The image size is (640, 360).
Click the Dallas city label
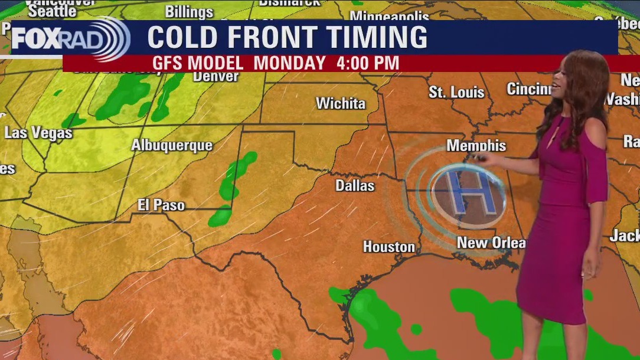coord(355,185)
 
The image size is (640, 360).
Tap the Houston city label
coord(388,247)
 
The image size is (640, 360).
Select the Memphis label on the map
coord(476,145)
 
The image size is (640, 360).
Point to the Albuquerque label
coord(172,145)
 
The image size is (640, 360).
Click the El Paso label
coord(161,205)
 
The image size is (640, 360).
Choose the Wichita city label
coord(341,103)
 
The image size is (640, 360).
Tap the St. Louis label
coord(456,92)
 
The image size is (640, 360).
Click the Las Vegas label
coord(38,133)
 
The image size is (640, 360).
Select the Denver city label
coord(215,76)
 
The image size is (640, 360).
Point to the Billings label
coord(189,11)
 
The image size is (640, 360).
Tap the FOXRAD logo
coord(70,39)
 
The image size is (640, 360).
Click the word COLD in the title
coord(182,38)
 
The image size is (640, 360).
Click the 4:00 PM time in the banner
coord(367,63)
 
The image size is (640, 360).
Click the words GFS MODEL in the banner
coord(198,63)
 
